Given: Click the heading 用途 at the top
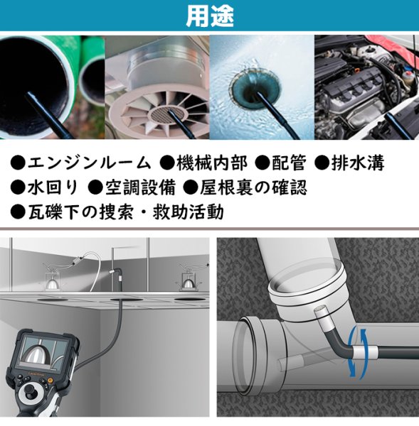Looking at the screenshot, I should point(209,16).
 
